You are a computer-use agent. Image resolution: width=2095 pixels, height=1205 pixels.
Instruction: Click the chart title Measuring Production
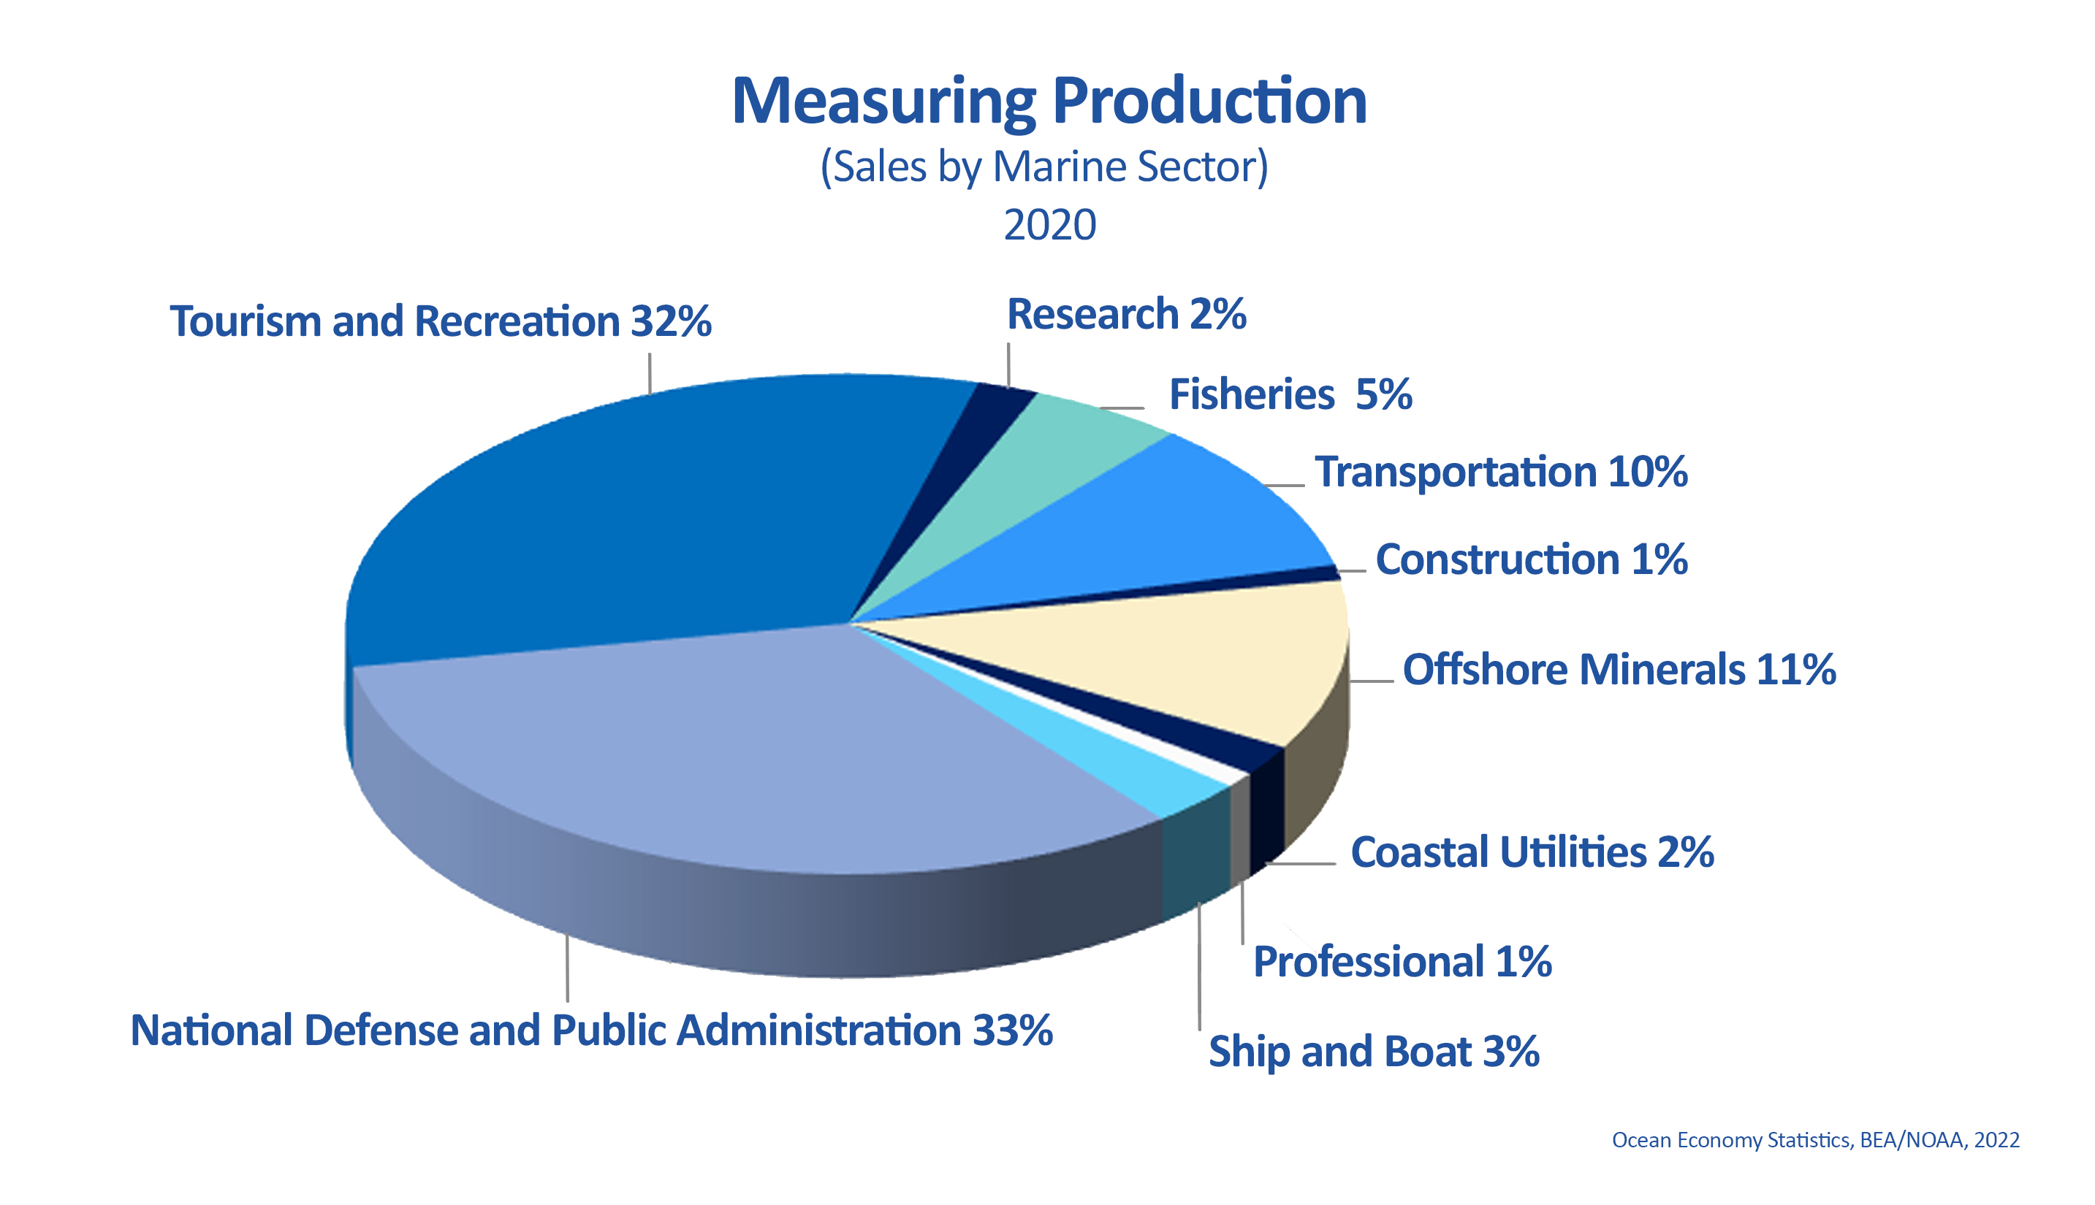pyautogui.click(x=1049, y=101)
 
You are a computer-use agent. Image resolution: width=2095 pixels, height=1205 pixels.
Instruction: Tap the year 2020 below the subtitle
pyautogui.click(x=1049, y=225)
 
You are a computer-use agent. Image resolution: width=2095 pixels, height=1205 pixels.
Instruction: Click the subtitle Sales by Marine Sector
pyautogui.click(x=1044, y=167)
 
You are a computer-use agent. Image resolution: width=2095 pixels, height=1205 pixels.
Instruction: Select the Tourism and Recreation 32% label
pyautogui.click(x=440, y=321)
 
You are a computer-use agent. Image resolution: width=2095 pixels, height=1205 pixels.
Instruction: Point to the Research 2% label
pyautogui.click(x=1126, y=315)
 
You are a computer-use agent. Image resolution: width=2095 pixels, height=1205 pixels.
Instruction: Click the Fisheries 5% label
pyautogui.click(x=1289, y=395)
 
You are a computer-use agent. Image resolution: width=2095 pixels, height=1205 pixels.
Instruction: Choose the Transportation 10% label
pyautogui.click(x=1500, y=473)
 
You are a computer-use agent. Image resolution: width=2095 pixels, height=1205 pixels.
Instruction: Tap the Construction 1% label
pyautogui.click(x=1530, y=560)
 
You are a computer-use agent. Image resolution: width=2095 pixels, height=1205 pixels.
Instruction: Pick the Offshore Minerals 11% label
pyautogui.click(x=1618, y=670)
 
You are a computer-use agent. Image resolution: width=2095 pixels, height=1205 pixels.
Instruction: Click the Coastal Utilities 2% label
pyautogui.click(x=1531, y=852)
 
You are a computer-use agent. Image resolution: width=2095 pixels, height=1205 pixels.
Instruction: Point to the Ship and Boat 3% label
pyautogui.click(x=1373, y=1052)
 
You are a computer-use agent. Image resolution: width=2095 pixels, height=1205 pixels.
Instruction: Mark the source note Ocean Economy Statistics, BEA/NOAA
pyautogui.click(x=1814, y=1141)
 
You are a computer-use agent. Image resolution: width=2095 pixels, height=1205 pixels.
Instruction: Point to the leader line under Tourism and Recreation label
pyautogui.click(x=650, y=373)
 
